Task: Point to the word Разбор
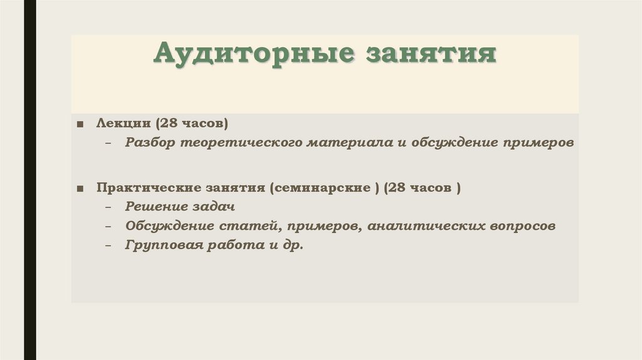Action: pos(150,142)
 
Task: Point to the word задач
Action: pos(211,206)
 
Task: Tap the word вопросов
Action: pos(524,226)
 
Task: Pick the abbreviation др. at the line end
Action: pos(293,245)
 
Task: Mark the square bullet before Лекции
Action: pos(81,123)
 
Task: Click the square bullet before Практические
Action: pos(81,188)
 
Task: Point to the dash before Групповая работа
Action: pos(109,246)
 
